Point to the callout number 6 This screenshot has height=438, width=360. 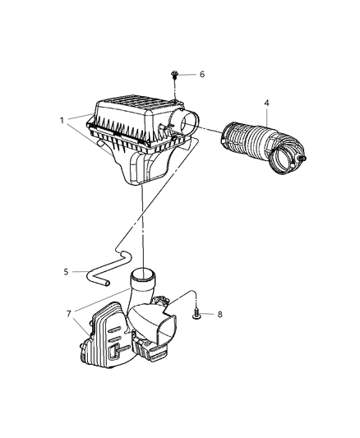pyautogui.click(x=201, y=74)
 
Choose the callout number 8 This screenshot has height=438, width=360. pyautogui.click(x=219, y=313)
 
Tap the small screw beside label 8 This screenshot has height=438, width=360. pyautogui.click(x=198, y=313)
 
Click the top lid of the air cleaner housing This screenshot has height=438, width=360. pyautogui.click(x=136, y=111)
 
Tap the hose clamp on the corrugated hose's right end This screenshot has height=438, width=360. pyautogui.click(x=293, y=160)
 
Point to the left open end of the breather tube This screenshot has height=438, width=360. pyautogui.click(x=106, y=283)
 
